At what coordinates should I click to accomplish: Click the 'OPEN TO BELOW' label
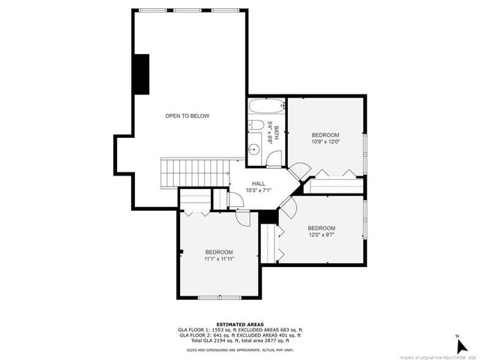[187, 116]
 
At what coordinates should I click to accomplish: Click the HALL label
[258, 183]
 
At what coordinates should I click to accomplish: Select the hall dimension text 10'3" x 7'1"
[258, 190]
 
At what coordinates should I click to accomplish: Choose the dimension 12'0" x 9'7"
[322, 235]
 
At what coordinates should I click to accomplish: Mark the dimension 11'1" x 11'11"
[219, 259]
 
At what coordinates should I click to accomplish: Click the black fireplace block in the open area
[140, 74]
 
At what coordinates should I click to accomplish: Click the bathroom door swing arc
[274, 157]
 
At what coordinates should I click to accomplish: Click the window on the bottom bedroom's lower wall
[219, 298]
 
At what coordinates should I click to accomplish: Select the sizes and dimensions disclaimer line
[240, 349]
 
